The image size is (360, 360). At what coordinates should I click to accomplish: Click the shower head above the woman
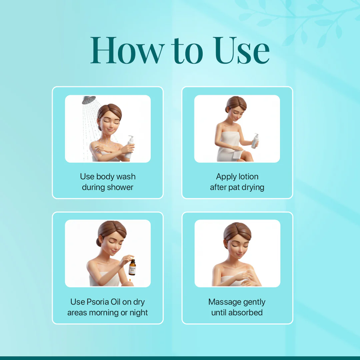click(89, 100)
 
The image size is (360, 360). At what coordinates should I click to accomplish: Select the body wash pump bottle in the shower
click(130, 147)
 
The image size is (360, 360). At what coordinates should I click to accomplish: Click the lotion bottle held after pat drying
click(255, 141)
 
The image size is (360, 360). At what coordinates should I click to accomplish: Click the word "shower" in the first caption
click(120, 187)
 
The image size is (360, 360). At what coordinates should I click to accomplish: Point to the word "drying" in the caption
click(252, 188)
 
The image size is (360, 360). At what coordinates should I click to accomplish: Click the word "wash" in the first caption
click(126, 177)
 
